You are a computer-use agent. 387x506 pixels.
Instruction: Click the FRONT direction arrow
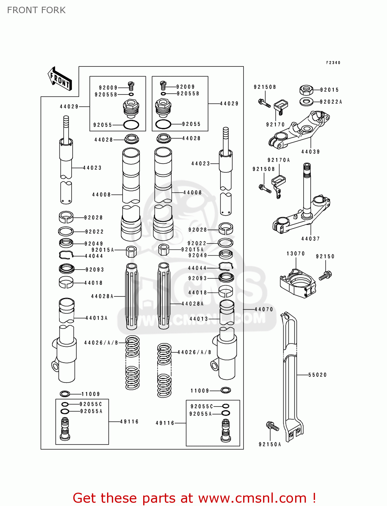[x=60, y=79]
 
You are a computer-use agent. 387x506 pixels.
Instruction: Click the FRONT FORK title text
[x=36, y=10]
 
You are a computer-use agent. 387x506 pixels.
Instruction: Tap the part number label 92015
[x=329, y=90]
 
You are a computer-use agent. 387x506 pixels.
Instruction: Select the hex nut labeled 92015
[x=306, y=90]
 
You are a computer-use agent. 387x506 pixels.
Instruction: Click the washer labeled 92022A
[x=306, y=101]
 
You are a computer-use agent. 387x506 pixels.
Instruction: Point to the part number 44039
[x=310, y=152]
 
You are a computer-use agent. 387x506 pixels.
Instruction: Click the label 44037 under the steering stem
[x=310, y=239]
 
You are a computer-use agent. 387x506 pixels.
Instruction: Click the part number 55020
[x=317, y=375]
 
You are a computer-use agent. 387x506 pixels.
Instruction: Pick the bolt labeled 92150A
[x=272, y=427]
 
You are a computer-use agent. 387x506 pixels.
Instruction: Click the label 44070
[x=263, y=309]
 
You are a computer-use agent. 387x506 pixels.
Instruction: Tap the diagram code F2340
[x=333, y=63]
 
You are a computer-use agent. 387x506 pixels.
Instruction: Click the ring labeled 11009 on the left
[x=65, y=394]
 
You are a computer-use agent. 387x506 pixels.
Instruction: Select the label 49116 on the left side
[x=129, y=422]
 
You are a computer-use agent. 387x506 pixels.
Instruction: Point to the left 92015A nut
[x=131, y=251]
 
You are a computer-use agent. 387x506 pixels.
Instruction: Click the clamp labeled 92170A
[x=279, y=180]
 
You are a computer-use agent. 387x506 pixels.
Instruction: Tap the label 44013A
[x=96, y=318]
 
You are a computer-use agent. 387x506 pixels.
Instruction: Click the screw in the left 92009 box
[x=131, y=86]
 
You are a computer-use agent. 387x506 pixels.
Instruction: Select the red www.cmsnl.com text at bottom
[x=252, y=498]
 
